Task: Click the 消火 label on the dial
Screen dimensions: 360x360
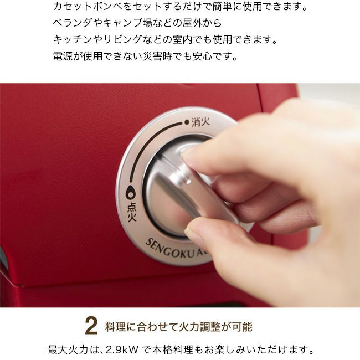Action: (x=200, y=122)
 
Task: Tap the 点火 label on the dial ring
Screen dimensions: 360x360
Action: (x=132, y=212)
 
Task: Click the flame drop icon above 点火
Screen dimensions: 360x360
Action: (x=130, y=192)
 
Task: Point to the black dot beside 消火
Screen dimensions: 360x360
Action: (x=187, y=122)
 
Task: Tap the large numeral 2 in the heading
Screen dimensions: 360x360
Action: (x=91, y=326)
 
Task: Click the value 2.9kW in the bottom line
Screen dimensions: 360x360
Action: (x=122, y=350)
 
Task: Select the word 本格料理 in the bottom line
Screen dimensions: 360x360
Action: (x=173, y=350)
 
